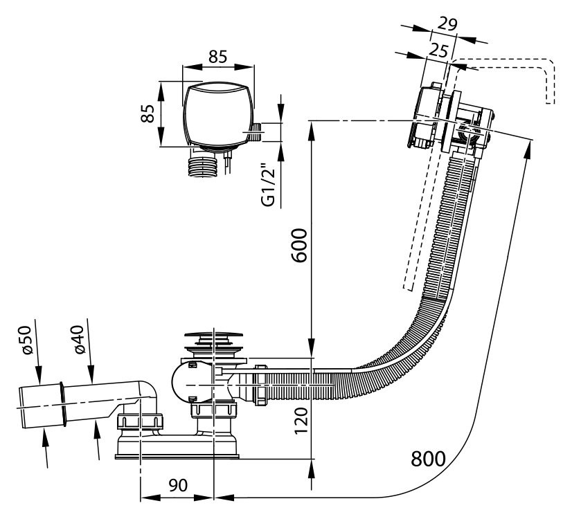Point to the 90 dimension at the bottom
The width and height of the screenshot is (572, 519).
pos(178,486)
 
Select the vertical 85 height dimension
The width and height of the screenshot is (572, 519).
pos(148,114)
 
